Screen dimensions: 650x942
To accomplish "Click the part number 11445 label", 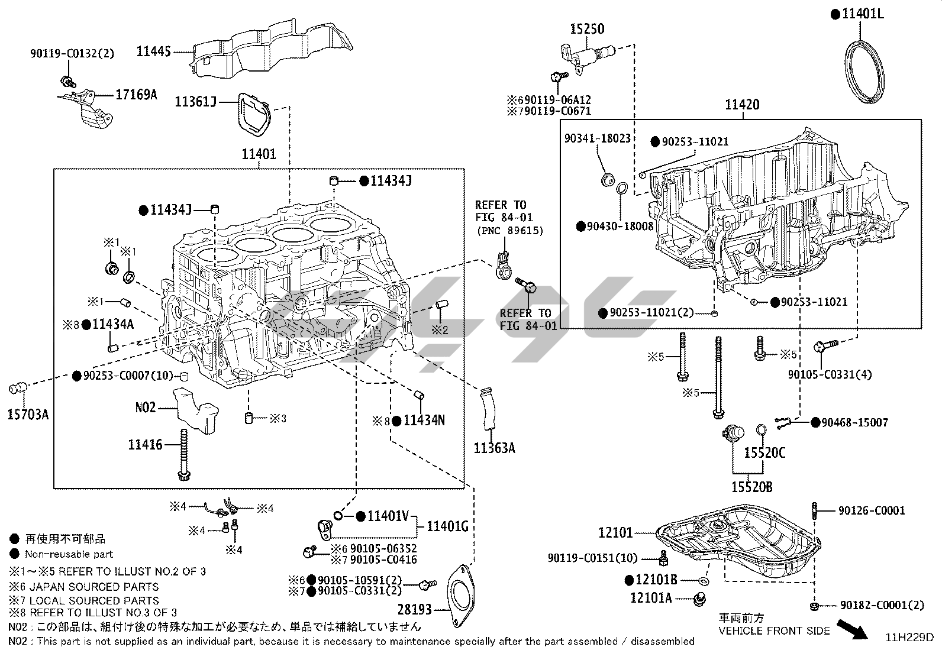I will coord(153,52).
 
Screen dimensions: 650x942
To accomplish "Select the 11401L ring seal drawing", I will coord(863,74).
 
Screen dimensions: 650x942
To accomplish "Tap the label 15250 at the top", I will coord(587,28).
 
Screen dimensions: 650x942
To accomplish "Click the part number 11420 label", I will coord(742,105).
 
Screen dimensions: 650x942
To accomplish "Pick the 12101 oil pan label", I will coord(615,533).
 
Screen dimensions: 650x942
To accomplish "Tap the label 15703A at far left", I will coord(28,415).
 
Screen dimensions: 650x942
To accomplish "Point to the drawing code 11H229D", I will coord(909,638).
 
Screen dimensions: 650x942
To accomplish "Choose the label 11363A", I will coord(494,448).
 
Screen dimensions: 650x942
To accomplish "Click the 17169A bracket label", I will coord(136,94).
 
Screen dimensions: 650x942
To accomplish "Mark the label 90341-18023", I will coord(597,138).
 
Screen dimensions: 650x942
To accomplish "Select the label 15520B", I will coord(751,487).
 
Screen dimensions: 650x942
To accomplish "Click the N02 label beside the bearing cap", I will coord(146,408).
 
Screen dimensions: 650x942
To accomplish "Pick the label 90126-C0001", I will coord(871,510).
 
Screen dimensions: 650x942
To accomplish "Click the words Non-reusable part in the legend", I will coord(69,555).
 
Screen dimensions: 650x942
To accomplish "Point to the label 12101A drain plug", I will coord(651,598).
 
